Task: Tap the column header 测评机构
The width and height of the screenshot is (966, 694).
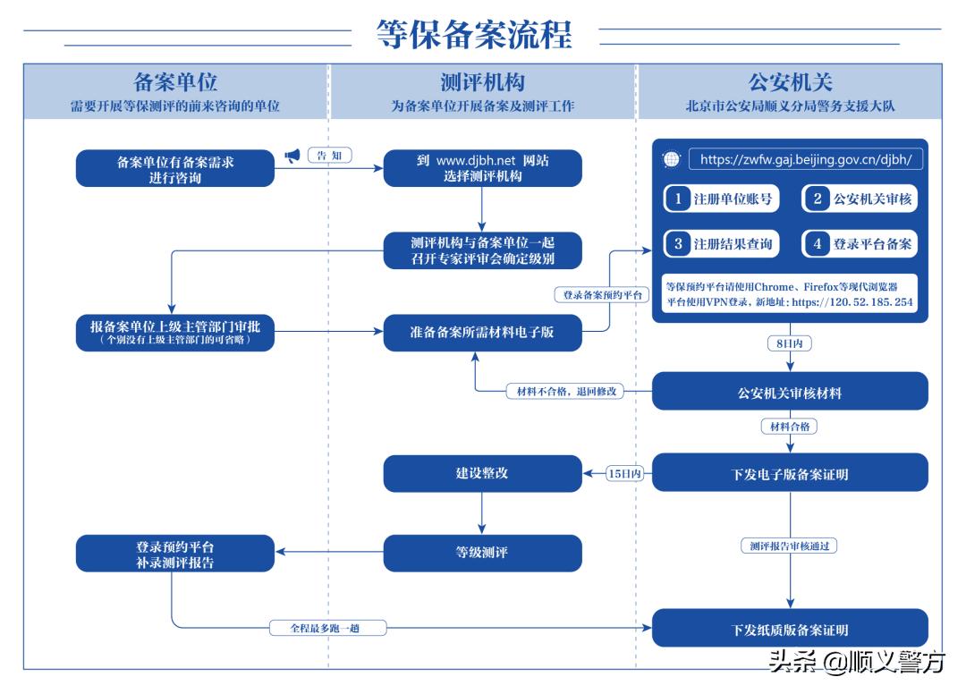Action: [482, 83]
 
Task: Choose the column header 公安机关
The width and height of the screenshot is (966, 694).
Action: [790, 83]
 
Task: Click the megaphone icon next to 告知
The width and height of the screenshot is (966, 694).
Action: [292, 156]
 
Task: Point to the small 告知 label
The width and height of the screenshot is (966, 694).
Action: [329, 156]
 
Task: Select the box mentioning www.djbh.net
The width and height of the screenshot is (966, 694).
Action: [482, 168]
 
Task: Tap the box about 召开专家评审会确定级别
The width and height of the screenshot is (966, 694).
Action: [482, 250]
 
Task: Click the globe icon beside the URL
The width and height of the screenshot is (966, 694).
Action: [671, 160]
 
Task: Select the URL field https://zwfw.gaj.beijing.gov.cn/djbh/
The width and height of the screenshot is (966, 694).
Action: [805, 160]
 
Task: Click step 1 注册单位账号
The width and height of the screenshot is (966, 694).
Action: [721, 199]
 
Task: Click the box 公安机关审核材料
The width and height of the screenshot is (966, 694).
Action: [790, 392]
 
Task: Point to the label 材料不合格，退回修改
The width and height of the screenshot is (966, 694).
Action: [564, 392]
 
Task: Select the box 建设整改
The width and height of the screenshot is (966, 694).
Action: [482, 472]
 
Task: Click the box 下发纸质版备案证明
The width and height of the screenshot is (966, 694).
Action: [790, 629]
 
